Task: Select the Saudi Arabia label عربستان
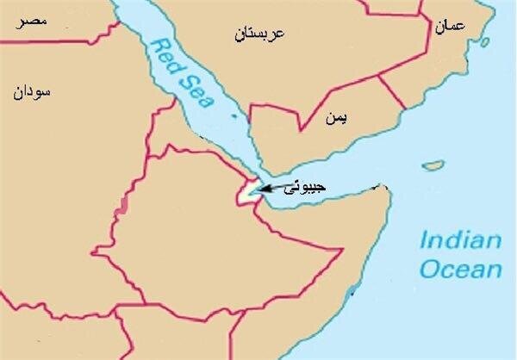[x=259, y=35]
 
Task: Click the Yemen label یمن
[x=335, y=118]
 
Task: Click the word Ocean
[x=461, y=269]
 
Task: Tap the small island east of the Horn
[x=434, y=164]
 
